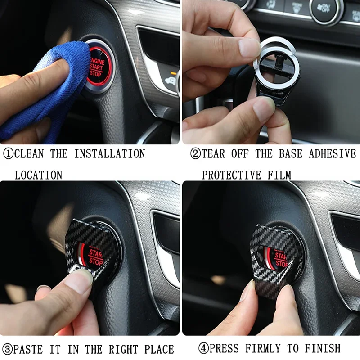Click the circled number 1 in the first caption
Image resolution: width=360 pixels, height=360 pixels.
(8, 154)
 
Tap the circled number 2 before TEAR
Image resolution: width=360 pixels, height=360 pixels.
(196, 153)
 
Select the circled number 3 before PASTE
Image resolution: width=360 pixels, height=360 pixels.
(7, 350)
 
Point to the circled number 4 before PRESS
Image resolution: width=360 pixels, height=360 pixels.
(204, 348)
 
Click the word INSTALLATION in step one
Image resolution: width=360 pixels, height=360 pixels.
(110, 153)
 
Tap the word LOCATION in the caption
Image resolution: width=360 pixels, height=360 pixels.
(39, 175)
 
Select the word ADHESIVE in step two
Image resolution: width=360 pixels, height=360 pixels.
(333, 153)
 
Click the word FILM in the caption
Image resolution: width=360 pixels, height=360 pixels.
(279, 175)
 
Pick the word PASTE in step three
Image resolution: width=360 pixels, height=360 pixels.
(28, 350)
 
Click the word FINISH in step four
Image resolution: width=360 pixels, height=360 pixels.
(323, 348)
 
